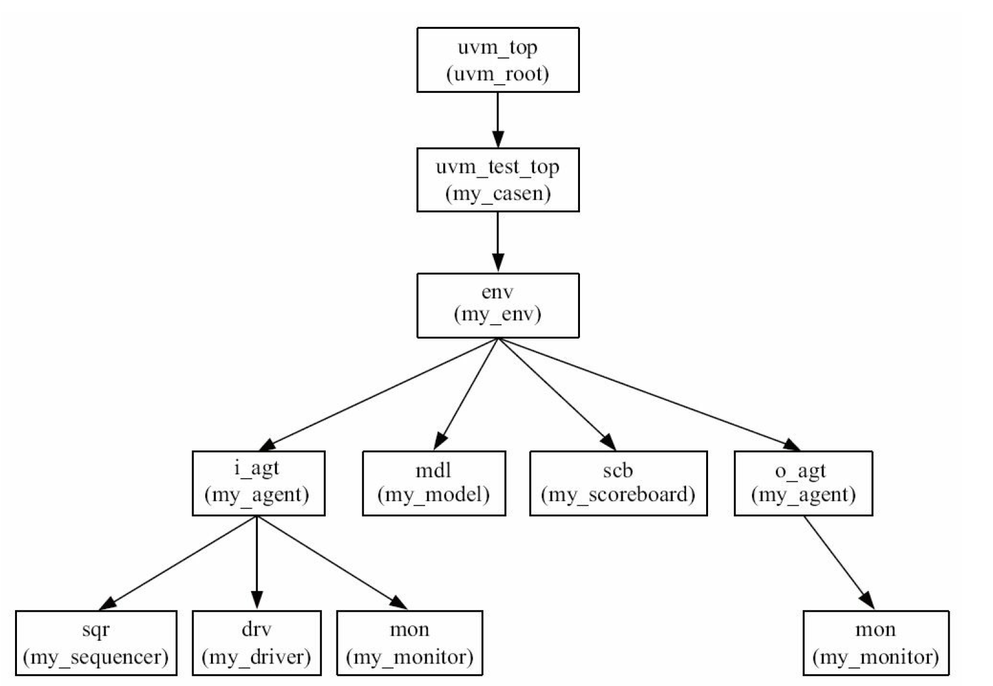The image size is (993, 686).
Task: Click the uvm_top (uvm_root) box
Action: click(498, 60)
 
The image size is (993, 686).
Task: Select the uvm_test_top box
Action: click(498, 180)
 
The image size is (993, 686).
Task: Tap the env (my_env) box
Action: click(498, 305)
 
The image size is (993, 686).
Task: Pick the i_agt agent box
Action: click(258, 483)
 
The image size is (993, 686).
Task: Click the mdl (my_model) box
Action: click(434, 483)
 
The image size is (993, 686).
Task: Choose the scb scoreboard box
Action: click(618, 483)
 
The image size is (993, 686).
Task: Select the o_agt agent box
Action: click(803, 483)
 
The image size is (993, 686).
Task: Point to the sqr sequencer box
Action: click(96, 643)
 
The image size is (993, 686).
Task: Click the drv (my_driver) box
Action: click(256, 643)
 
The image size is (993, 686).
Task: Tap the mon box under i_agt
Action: click(409, 643)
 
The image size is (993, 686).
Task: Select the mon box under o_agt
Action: click(876, 643)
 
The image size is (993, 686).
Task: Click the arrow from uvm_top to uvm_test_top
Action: click(498, 119)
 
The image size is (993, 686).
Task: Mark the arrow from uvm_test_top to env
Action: click(498, 242)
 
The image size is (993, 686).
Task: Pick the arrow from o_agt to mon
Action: click(838, 562)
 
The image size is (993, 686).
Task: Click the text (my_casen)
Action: click(498, 193)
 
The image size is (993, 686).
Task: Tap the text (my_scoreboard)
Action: click(618, 495)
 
